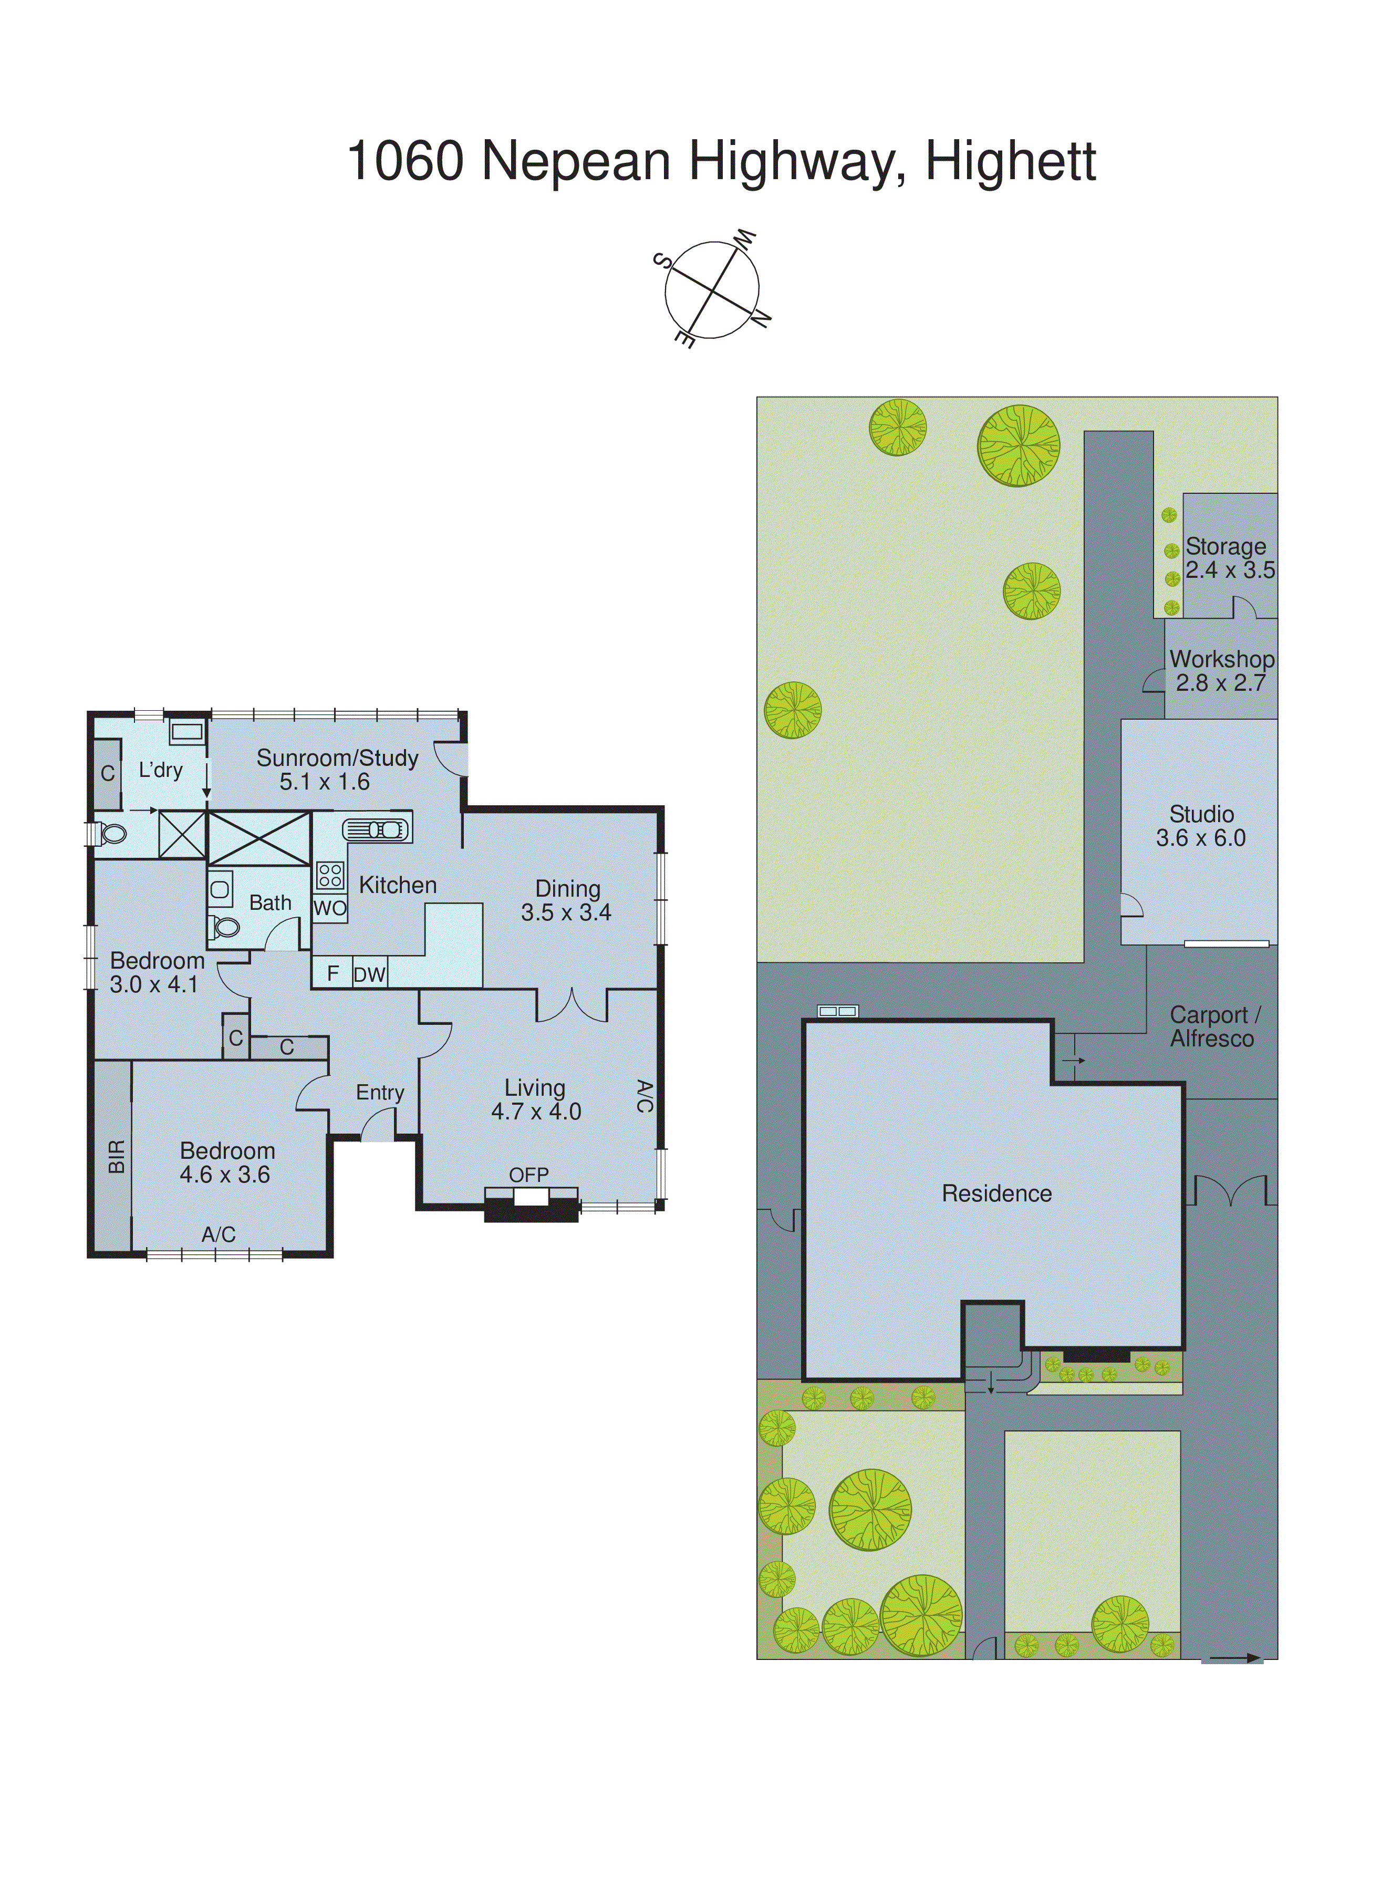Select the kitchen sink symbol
click(377, 830)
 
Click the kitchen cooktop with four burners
click(329, 875)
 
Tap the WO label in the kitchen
click(329, 908)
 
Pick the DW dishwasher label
click(369, 975)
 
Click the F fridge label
click(333, 973)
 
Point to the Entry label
click(380, 1092)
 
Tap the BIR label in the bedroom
click(116, 1157)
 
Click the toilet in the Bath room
click(224, 927)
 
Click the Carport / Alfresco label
click(1213, 1026)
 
